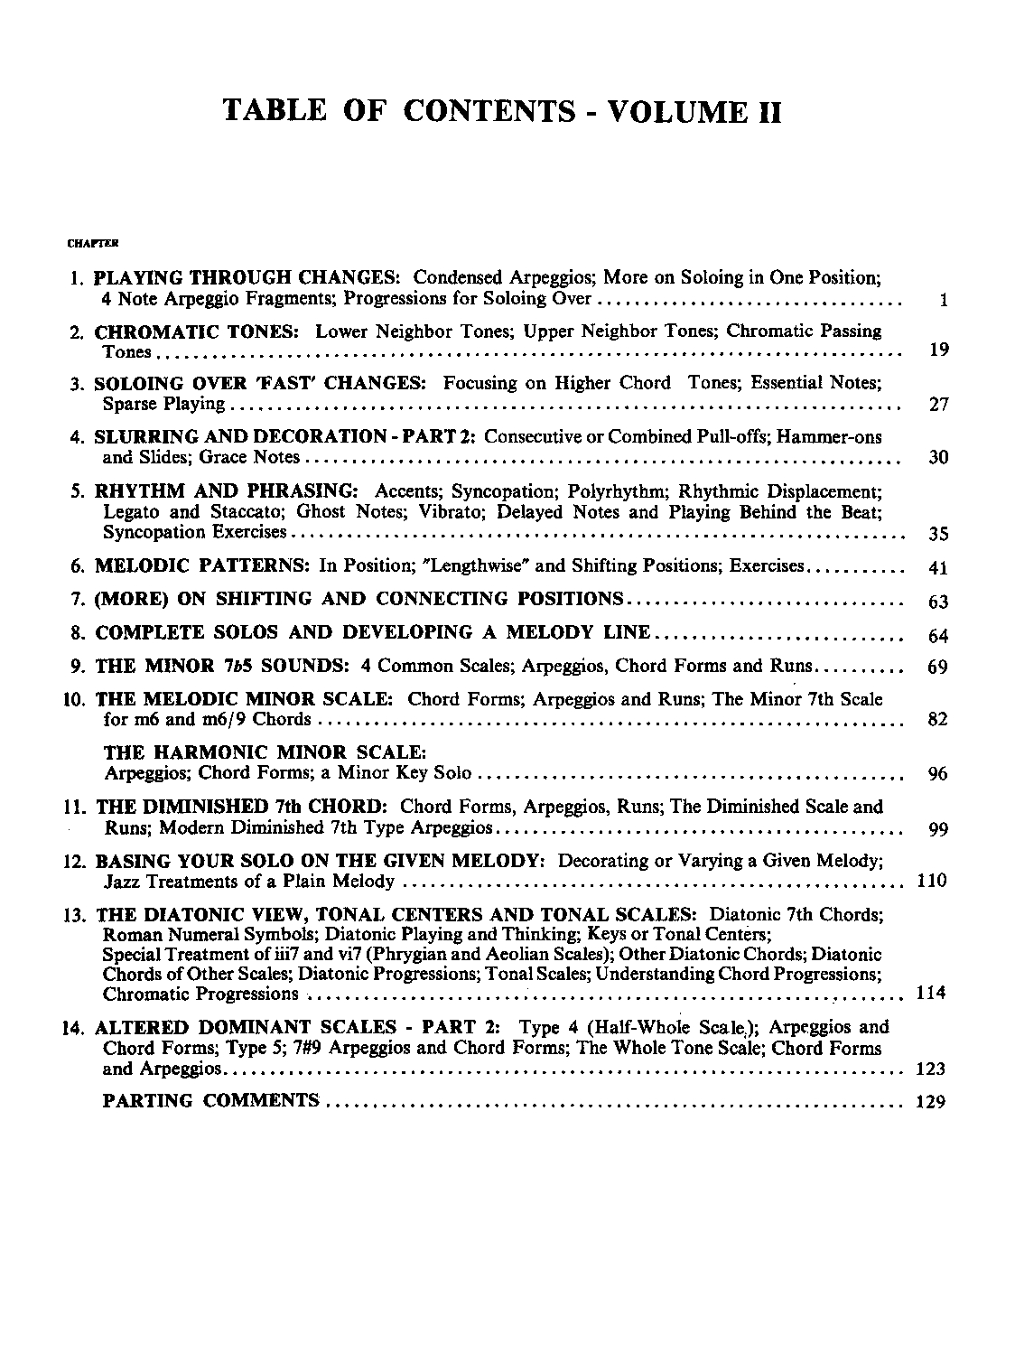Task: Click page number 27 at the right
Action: (938, 404)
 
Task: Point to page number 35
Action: (938, 534)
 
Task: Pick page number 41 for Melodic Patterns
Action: (938, 568)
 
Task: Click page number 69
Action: (938, 668)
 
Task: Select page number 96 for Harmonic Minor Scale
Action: (938, 774)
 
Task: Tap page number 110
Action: (931, 880)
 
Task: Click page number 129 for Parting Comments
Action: (931, 1101)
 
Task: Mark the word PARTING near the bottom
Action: (148, 1100)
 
